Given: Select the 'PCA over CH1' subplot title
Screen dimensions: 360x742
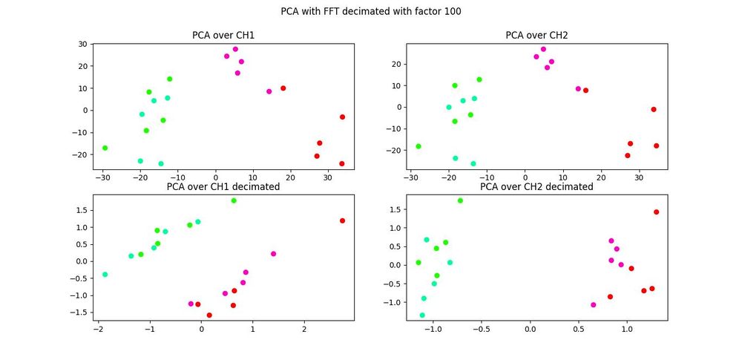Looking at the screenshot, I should tap(223, 35).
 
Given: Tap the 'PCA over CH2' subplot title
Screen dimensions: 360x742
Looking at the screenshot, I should tap(537, 35).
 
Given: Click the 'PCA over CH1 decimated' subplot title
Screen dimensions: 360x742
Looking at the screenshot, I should tap(223, 187).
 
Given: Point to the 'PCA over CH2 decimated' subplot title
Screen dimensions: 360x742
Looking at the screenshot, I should tap(537, 187).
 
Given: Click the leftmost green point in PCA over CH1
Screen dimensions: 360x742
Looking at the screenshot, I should tap(105, 148).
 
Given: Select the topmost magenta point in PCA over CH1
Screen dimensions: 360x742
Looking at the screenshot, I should tap(235, 49).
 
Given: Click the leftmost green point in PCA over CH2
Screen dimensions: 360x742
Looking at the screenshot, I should tap(418, 146).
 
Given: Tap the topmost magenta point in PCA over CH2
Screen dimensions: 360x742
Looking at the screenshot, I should tap(543, 49).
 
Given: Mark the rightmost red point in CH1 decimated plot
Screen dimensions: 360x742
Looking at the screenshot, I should tap(342, 220).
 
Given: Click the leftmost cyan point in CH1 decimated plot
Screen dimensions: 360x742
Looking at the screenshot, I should tap(105, 275).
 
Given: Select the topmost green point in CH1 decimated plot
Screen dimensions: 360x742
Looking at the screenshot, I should tap(234, 200).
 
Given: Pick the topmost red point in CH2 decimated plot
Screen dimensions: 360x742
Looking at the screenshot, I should tap(657, 212).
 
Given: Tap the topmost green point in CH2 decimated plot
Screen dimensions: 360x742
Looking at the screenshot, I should tap(460, 200).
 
